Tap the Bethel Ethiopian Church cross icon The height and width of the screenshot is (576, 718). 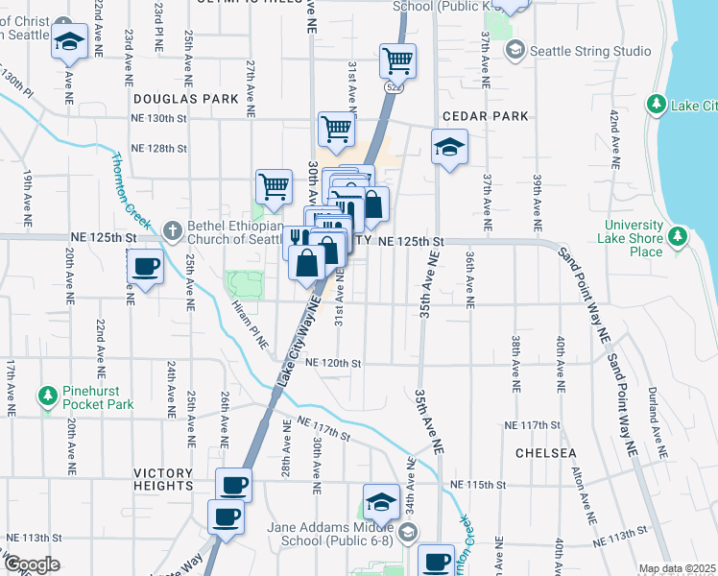(x=172, y=229)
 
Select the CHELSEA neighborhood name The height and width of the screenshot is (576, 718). (x=545, y=452)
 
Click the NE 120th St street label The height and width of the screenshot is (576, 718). (x=333, y=364)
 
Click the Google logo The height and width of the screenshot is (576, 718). (x=31, y=564)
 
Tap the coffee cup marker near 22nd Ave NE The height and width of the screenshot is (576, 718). (x=145, y=267)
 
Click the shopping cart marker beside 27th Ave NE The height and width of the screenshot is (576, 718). (x=274, y=186)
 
